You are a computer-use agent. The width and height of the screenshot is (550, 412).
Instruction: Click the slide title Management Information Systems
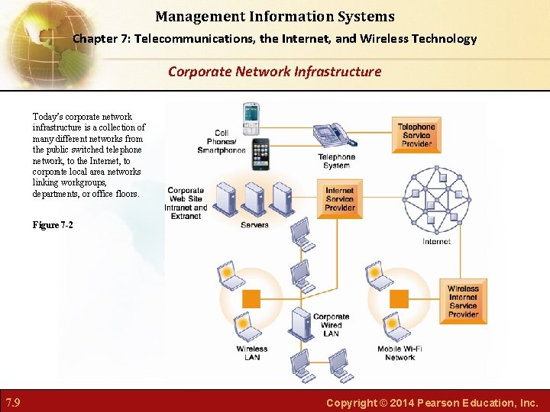pos(275,16)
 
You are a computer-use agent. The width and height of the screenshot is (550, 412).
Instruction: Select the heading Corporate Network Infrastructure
pos(274,72)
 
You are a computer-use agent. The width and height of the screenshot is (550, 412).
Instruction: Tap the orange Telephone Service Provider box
pos(416,135)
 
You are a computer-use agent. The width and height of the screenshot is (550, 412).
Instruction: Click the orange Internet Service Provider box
pos(340,199)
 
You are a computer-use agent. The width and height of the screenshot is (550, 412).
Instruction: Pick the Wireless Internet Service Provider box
pos(463,301)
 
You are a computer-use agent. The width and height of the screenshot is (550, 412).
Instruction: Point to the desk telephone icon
pos(334,135)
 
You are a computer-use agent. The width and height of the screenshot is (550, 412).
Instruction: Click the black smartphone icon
pos(260,156)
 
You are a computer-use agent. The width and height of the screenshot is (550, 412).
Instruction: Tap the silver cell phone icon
pos(251,118)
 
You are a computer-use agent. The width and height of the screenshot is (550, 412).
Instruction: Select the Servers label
pos(254,225)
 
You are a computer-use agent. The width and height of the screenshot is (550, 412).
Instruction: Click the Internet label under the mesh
pos(436,242)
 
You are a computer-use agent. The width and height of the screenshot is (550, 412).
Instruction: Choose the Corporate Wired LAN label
pos(331,325)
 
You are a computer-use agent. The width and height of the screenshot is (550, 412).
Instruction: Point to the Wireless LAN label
pos(252,353)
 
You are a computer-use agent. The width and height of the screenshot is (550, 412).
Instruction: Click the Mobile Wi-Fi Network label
pos(400,353)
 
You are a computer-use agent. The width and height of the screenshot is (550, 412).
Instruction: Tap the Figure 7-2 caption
pos(53,225)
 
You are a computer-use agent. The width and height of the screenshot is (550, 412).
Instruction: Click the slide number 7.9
pos(13,401)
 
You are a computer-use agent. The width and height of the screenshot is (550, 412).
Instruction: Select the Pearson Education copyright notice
pos(432,402)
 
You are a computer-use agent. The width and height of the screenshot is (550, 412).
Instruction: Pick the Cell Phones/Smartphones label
pos(222,142)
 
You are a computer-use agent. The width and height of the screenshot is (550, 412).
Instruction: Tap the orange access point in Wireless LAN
pos(251,298)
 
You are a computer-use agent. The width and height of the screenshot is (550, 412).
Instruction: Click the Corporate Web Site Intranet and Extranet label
pos(186,204)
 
